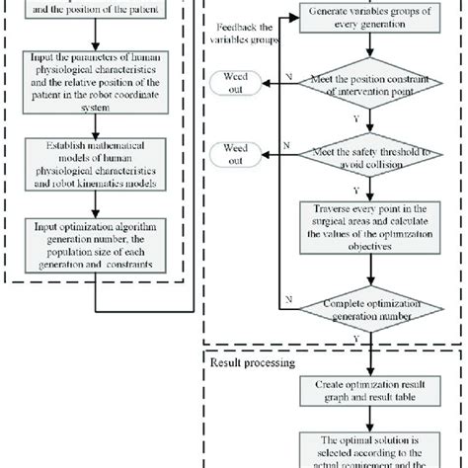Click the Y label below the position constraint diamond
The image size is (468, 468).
tap(356, 121)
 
